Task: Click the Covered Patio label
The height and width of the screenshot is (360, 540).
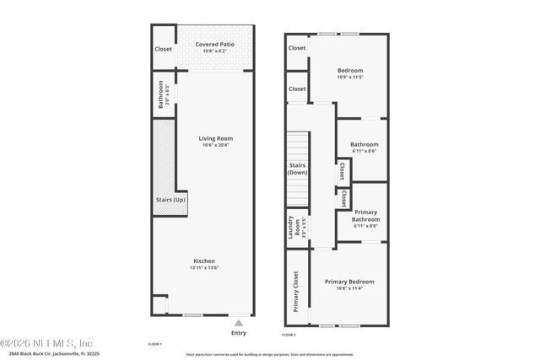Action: coord(215,44)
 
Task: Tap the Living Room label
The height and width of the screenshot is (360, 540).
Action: coord(216,138)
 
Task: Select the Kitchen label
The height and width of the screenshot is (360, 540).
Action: coord(204,261)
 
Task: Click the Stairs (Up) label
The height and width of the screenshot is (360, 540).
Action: coord(170,200)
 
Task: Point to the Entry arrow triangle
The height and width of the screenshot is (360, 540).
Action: coord(240,323)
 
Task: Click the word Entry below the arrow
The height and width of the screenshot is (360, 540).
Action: coord(239,332)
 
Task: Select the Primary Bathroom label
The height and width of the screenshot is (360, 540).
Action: coord(366,215)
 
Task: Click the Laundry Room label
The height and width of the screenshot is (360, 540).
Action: coord(290,228)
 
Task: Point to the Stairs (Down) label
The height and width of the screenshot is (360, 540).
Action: coord(297,169)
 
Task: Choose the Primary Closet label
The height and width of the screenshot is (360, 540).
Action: coord(296,292)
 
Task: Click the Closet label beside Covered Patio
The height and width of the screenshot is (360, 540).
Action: coord(164,49)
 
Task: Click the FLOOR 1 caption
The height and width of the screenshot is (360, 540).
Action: coord(154,344)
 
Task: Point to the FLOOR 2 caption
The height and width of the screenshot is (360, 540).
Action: coord(289,336)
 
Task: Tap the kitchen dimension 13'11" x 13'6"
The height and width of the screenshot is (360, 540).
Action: coord(204,268)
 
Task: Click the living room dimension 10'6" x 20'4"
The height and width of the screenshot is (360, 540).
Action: coord(216,145)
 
